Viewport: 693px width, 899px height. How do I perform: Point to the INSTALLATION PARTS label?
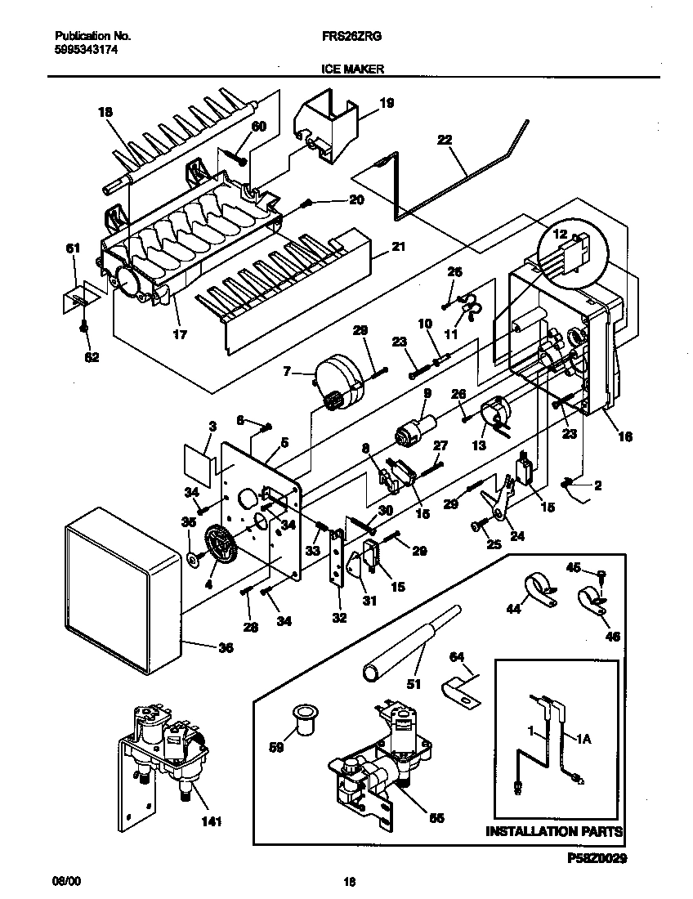coord(554,832)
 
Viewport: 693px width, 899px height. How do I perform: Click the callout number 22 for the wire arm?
coord(445,140)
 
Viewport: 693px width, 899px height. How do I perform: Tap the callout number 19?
coord(387,103)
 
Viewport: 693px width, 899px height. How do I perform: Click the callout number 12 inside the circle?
coord(560,234)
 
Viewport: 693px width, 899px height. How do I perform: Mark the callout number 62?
coord(92,356)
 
